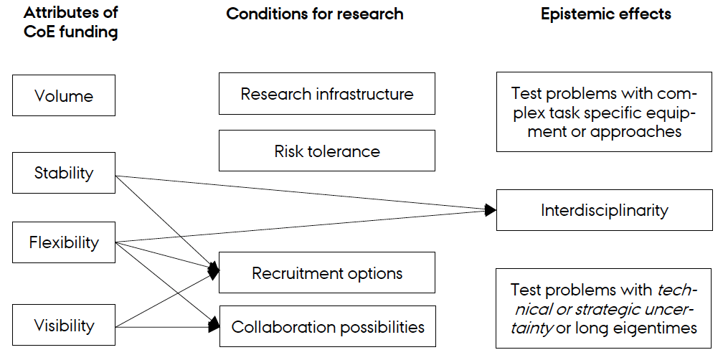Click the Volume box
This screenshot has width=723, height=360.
tap(64, 95)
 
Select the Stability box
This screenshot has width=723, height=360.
tap(64, 173)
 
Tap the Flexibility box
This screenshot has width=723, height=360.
tap(64, 242)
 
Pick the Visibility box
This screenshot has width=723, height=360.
tap(64, 325)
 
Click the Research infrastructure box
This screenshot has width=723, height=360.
tap(327, 93)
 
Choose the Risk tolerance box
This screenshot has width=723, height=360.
tap(327, 151)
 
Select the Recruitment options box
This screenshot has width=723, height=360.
tap(327, 273)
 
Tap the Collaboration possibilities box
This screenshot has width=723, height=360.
tap(327, 326)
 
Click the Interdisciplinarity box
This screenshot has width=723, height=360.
tap(604, 209)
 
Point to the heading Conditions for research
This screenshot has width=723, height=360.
tap(315, 14)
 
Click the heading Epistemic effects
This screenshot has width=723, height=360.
tap(606, 14)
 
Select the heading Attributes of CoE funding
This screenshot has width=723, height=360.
tap(70, 22)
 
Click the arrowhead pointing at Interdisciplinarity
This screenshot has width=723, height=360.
tap(491, 210)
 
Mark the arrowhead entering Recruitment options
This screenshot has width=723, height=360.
tap(214, 270)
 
